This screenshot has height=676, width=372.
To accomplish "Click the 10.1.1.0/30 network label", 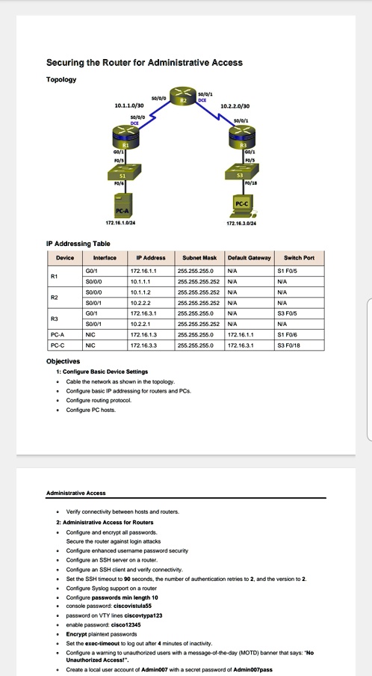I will click(x=128, y=106).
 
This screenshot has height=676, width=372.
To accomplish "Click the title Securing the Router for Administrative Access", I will click(x=144, y=63).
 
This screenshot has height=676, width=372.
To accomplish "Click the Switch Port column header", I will click(x=299, y=257).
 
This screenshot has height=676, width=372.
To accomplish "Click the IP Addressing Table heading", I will click(x=78, y=243).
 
